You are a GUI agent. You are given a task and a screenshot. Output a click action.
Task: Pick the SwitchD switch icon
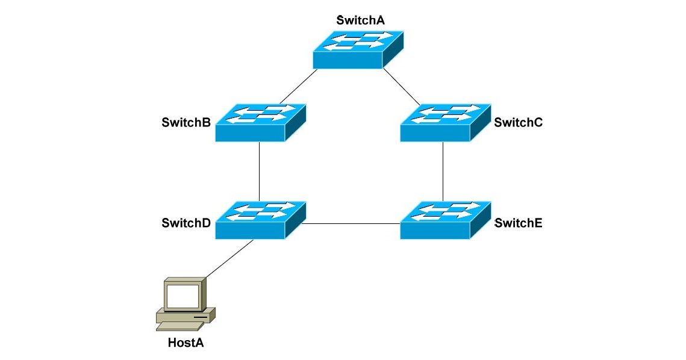260,220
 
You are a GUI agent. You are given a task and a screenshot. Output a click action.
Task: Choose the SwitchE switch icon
445,220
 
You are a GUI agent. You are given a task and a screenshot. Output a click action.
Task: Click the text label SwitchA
360,20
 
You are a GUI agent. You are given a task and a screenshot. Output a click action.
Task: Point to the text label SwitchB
186,123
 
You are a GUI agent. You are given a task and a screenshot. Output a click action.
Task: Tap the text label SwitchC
519,123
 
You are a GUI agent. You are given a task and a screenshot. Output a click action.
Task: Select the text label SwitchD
186,223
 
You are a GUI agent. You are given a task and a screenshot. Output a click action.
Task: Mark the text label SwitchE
519,223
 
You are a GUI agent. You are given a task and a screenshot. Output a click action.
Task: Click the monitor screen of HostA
182,296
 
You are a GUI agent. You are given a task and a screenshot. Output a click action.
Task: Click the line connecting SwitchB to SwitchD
259,172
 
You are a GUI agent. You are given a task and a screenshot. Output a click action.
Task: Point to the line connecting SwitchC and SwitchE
443,172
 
